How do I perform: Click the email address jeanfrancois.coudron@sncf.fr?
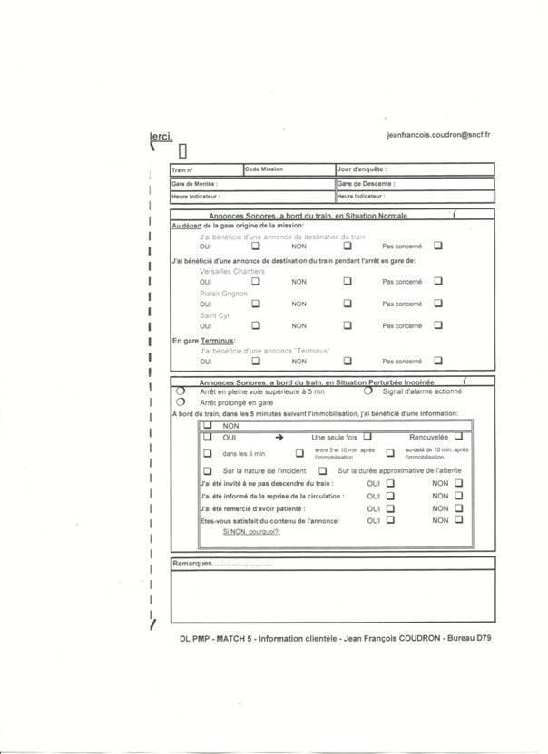point(438,134)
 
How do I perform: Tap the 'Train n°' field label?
point(182,170)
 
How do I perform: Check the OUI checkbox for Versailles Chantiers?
point(255,282)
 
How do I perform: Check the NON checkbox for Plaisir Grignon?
point(347,304)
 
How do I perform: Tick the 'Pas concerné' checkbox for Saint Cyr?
point(438,325)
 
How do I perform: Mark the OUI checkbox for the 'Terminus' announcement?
point(255,360)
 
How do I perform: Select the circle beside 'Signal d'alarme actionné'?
point(368,391)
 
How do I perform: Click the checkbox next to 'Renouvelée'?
point(459,437)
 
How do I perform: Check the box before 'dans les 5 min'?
point(208,453)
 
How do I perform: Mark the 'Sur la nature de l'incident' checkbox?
point(208,471)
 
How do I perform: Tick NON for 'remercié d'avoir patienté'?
point(459,508)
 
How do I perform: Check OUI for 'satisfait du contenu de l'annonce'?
point(390,520)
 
